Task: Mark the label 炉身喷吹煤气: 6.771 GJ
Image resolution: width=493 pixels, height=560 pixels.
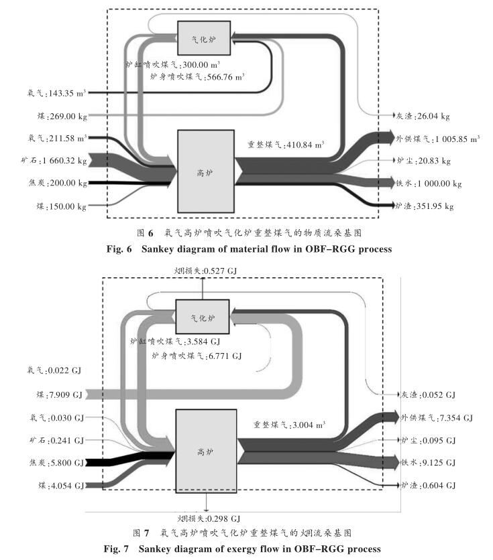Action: click(x=197, y=355)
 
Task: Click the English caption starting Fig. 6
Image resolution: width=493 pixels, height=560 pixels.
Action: click(x=246, y=249)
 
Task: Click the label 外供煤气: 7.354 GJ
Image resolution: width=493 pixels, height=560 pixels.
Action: click(x=437, y=418)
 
